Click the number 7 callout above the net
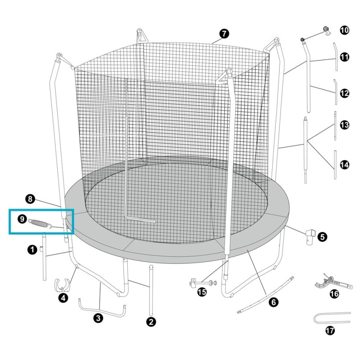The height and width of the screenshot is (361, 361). click(x=224, y=33)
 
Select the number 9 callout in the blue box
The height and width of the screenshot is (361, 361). click(x=22, y=219)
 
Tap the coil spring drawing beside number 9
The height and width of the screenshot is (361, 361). click(x=40, y=223)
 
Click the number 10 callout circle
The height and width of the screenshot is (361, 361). click(x=344, y=30)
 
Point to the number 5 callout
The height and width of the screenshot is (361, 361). click(x=322, y=236)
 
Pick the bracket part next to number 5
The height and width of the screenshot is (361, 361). click(x=310, y=237)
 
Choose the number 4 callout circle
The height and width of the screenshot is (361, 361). click(x=63, y=298)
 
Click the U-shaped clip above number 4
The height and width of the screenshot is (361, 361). click(x=62, y=285)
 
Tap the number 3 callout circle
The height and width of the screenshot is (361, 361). click(x=98, y=318)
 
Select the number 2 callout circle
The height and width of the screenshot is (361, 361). click(x=151, y=322)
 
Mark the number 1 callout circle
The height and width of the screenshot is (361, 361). click(x=32, y=250)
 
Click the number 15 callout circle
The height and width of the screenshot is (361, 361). click(x=202, y=292)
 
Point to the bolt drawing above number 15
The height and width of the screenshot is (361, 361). click(x=203, y=282)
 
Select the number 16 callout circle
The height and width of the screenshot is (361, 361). click(x=334, y=294)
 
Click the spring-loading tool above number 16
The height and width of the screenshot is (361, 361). click(x=333, y=282)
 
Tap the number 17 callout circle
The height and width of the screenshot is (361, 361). click(x=330, y=331)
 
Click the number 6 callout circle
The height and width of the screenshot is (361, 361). click(x=274, y=302)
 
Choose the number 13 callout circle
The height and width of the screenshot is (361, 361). click(x=344, y=125)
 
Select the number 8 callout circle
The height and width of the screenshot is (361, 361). click(x=30, y=199)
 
